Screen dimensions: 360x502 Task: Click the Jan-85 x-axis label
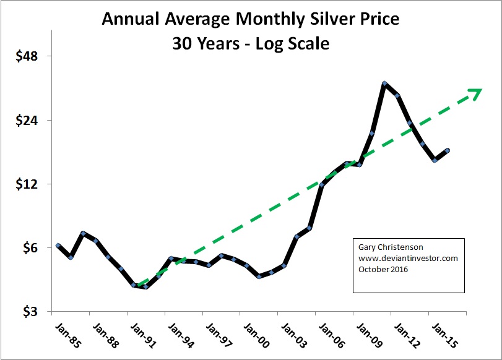[x=63, y=334]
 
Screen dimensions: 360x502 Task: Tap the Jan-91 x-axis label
[x=139, y=334]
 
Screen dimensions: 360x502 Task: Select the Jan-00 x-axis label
[x=254, y=334]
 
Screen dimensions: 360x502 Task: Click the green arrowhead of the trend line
[x=475, y=93]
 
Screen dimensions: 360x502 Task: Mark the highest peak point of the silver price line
[x=384, y=84]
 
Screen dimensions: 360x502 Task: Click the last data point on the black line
[x=448, y=150]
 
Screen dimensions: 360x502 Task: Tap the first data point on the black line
[x=58, y=246]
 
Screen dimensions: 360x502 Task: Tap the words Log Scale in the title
[x=293, y=45]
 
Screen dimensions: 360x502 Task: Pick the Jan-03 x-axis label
[x=292, y=334]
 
